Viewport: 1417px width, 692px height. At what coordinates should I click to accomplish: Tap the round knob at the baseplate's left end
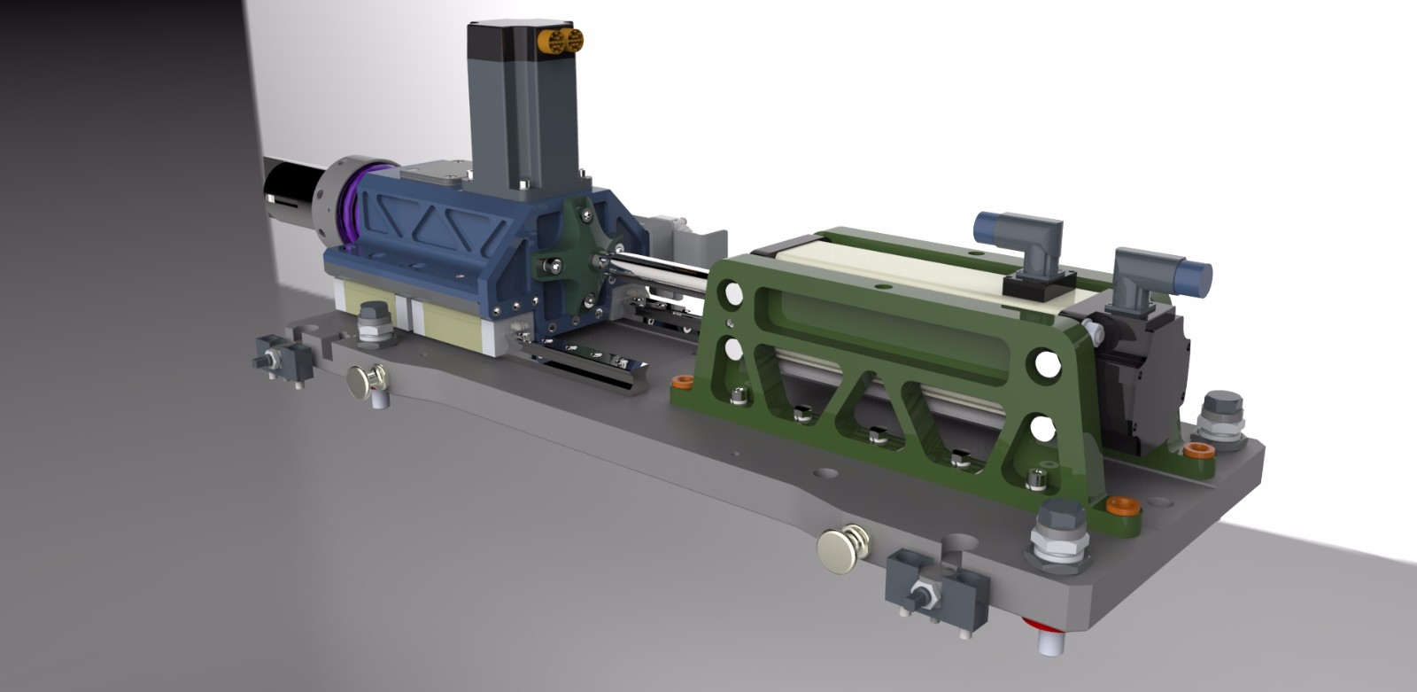(365, 382)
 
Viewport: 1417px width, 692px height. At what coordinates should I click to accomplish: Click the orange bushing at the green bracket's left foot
(682, 383)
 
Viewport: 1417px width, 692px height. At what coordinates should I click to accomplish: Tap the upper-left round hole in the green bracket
(731, 292)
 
